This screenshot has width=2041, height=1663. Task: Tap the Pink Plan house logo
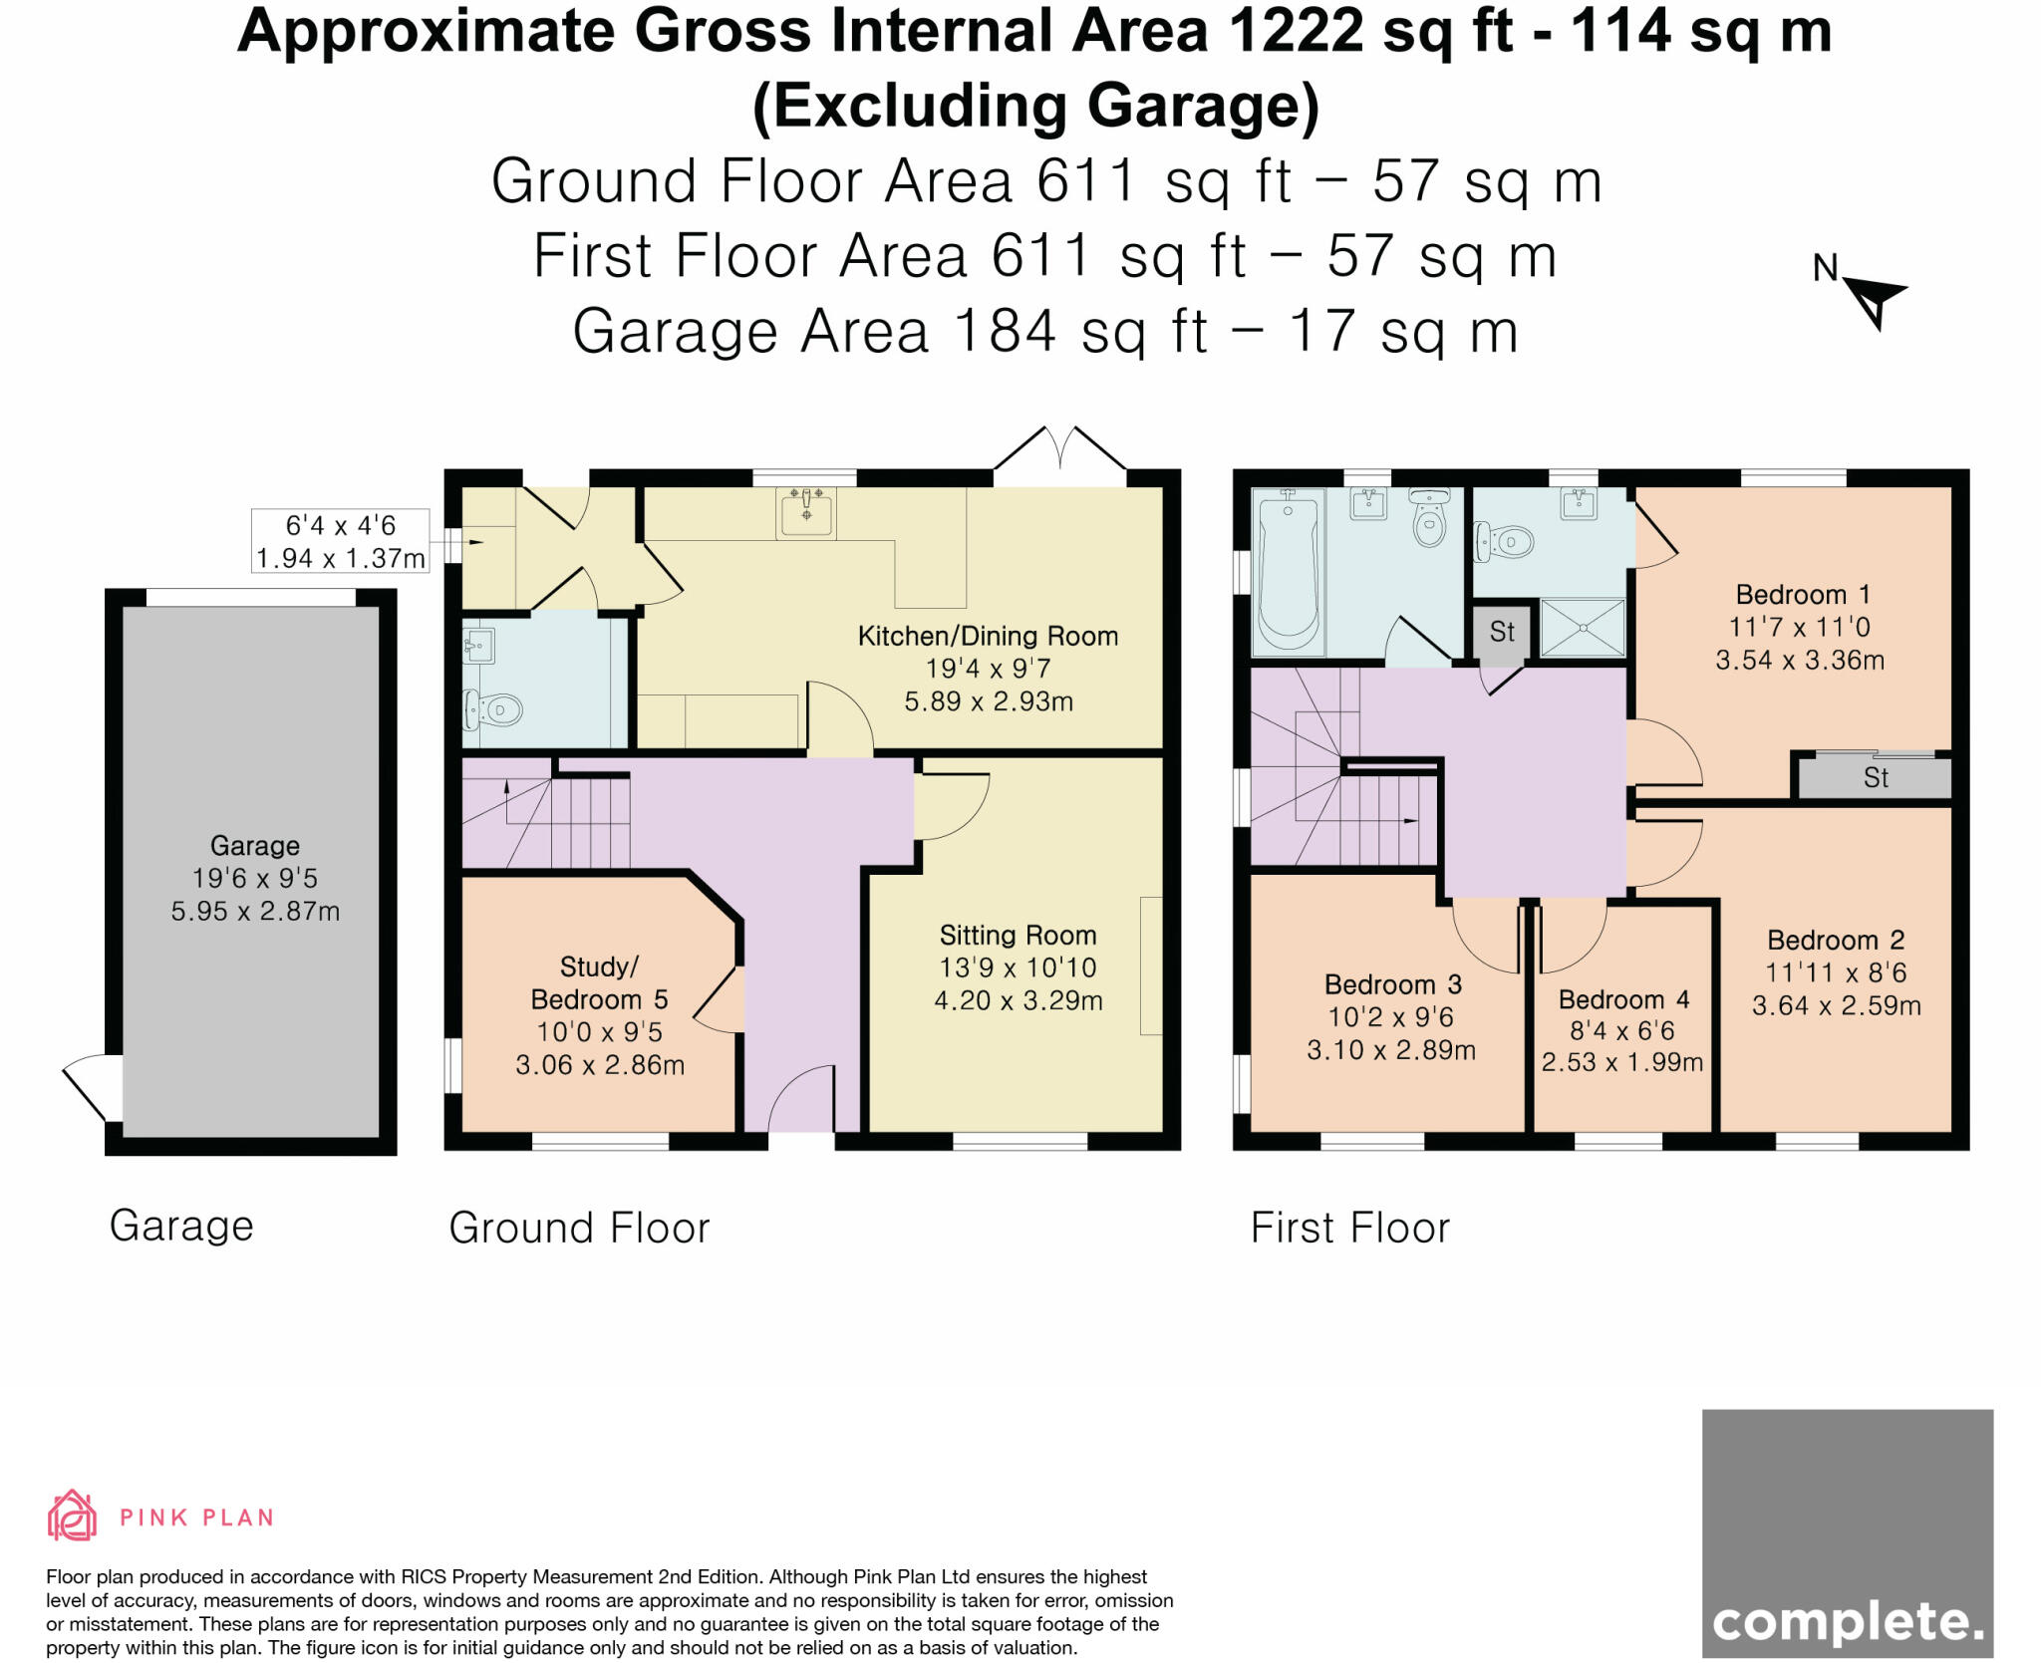(x=72, y=1516)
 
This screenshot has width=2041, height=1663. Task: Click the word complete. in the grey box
(x=1848, y=1622)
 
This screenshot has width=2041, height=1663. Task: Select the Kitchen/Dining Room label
(x=988, y=636)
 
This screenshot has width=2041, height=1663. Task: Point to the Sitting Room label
(x=1018, y=935)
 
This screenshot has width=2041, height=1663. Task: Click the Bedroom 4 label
(x=1623, y=999)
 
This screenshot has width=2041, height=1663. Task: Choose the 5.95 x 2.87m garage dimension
(x=255, y=911)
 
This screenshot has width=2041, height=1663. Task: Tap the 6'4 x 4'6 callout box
(x=341, y=541)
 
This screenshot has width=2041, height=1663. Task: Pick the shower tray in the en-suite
(x=1583, y=628)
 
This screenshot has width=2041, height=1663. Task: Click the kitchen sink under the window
(x=805, y=512)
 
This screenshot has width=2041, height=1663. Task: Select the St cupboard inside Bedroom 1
(x=1875, y=777)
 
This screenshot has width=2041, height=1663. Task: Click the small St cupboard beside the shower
(x=1501, y=632)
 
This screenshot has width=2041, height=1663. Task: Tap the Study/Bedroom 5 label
(x=599, y=982)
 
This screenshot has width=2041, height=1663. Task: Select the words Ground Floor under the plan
(x=579, y=1228)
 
